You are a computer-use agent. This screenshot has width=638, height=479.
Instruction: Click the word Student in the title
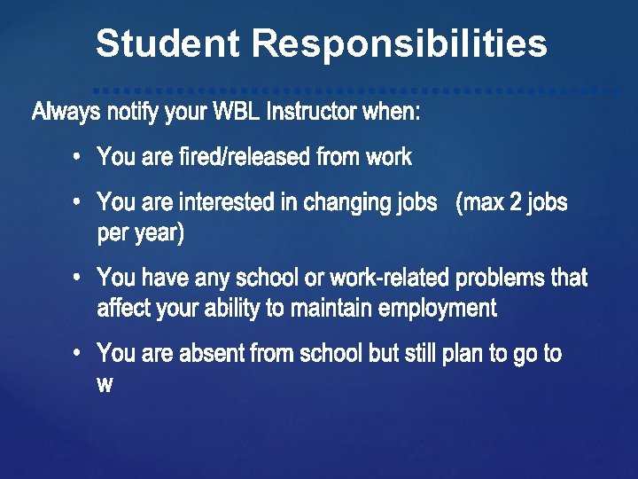(x=167, y=43)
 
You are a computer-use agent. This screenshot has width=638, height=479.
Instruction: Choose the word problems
(x=501, y=278)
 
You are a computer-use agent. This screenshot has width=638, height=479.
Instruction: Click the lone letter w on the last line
(x=105, y=385)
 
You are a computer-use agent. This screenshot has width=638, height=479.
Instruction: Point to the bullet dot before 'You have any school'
(x=78, y=278)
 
